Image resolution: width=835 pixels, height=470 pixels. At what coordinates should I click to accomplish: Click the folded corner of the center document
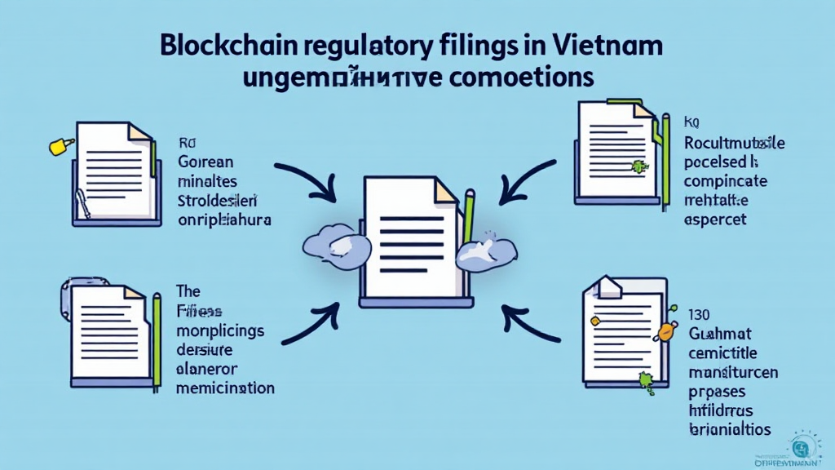point(445,191)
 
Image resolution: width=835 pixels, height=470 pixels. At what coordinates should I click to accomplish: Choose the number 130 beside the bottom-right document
point(699,313)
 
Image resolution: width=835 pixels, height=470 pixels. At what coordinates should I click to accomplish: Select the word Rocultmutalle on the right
point(735,144)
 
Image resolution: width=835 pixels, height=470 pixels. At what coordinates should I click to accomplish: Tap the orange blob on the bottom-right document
point(665,331)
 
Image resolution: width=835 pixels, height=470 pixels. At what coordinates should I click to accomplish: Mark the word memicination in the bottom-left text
point(225,388)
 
